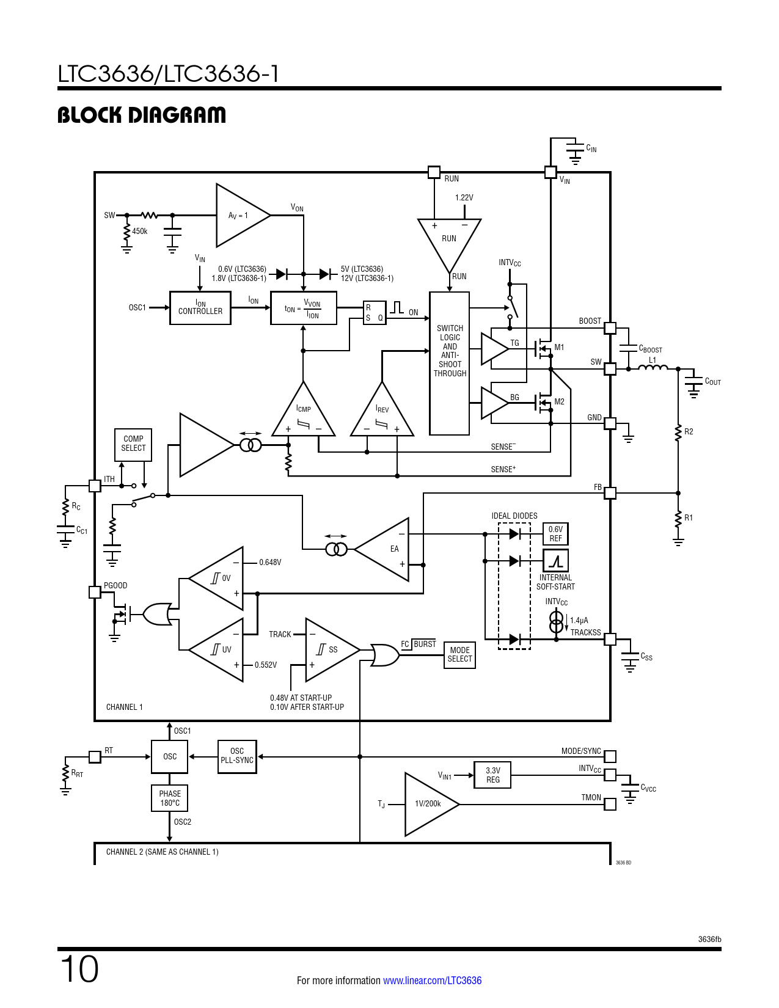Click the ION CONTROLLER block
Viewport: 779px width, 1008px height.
(200, 307)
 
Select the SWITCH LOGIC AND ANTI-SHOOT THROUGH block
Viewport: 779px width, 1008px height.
(450, 363)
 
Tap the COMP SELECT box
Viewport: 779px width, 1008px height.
(133, 444)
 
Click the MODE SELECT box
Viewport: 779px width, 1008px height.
(459, 654)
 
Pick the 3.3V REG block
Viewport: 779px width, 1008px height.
(492, 775)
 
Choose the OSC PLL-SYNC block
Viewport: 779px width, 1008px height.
(237, 756)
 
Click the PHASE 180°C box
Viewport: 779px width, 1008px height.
(170, 798)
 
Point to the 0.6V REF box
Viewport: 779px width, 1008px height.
(555, 534)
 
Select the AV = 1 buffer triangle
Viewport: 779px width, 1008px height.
(238, 216)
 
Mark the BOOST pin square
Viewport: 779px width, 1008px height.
(610, 328)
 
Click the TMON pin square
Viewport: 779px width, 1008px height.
(610, 804)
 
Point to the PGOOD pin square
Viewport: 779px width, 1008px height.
(95, 592)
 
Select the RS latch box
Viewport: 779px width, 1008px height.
(374, 313)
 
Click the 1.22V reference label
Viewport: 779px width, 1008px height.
(464, 198)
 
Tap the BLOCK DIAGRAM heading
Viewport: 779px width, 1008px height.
(142, 115)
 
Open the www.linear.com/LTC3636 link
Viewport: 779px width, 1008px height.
(432, 981)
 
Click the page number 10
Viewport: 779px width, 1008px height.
(79, 970)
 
